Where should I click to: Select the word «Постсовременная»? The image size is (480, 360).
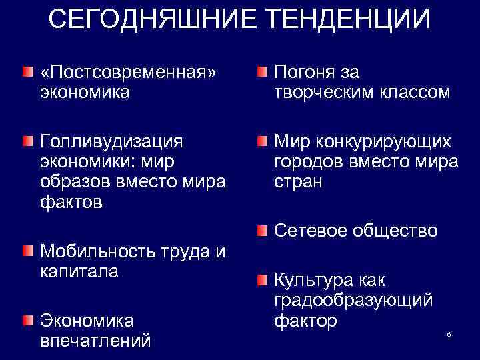point(129,72)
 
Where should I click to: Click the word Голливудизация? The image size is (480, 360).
point(111,141)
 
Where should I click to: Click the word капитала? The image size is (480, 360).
point(79,271)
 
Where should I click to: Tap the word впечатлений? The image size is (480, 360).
point(96,341)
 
